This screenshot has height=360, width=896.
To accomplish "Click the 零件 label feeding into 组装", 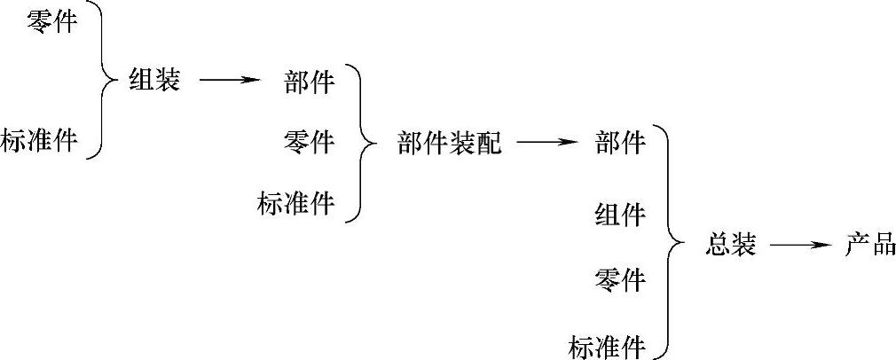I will [51, 22].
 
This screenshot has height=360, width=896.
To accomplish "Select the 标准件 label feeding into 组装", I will [40, 140].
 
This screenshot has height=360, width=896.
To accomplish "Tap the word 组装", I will [154, 81].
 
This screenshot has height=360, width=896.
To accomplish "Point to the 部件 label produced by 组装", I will [310, 82].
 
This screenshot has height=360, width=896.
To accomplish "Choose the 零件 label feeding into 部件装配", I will [310, 141].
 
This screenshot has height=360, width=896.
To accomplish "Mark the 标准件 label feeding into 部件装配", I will [297, 203].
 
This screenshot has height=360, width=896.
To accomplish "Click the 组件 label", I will [620, 215].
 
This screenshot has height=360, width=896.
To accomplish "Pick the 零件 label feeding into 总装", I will [620, 281].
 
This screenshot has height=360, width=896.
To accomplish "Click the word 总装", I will [732, 245].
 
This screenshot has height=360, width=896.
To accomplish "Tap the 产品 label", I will [870, 245].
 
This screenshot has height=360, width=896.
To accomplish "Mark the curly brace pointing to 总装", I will [671, 243].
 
